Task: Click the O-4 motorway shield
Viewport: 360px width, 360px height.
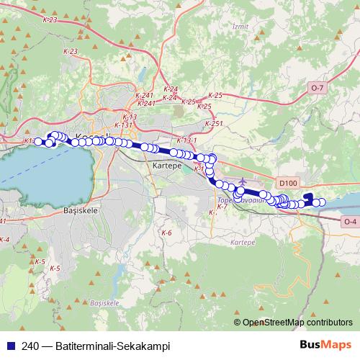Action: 350,221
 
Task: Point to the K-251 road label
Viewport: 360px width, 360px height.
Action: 214,124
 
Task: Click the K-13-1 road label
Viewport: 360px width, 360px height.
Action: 186,140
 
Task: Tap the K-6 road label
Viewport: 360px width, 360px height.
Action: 166,233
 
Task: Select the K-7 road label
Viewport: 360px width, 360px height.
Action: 222,207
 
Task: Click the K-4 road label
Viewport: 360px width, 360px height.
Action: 4,239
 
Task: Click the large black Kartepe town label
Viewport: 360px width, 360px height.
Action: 167,166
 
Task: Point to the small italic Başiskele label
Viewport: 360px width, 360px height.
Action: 104,304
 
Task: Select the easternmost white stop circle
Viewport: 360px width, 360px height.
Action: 322,203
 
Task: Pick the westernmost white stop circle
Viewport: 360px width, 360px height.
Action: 39,141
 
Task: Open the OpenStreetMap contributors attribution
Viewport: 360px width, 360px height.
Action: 297,323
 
